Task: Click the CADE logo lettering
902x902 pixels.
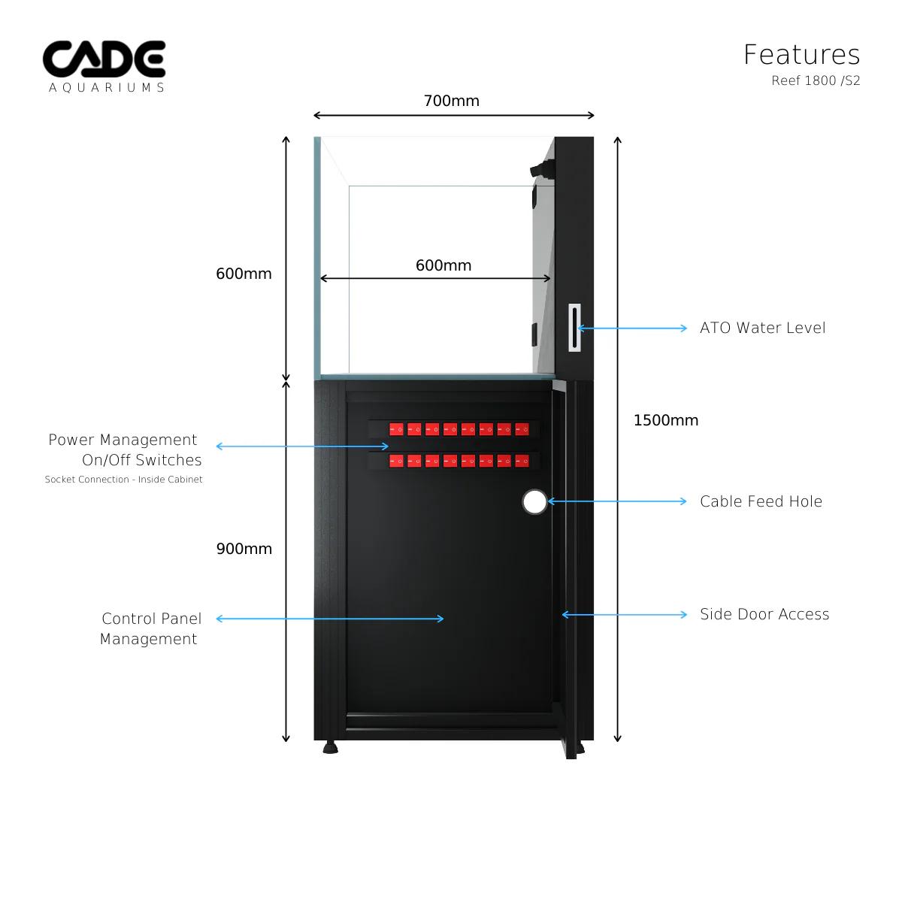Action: (x=104, y=59)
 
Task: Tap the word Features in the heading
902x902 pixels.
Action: (x=801, y=55)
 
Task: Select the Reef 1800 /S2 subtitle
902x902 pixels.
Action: (x=816, y=81)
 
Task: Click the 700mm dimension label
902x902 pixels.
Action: (x=451, y=101)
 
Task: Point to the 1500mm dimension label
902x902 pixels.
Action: (x=665, y=420)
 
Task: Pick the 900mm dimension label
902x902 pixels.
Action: (x=244, y=549)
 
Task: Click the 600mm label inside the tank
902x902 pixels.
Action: (x=443, y=265)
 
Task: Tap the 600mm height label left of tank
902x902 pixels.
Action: (x=244, y=274)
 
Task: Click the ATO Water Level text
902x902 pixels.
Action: (x=762, y=328)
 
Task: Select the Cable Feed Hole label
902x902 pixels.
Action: (x=761, y=501)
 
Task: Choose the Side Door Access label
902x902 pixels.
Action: (x=764, y=614)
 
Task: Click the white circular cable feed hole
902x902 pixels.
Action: (x=534, y=502)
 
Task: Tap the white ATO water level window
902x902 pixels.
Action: (x=575, y=328)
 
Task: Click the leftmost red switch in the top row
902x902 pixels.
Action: (x=395, y=429)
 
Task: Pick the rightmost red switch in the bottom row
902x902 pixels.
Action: (x=522, y=461)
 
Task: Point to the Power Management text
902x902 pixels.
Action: (x=123, y=440)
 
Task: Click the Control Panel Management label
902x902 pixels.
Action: (x=150, y=628)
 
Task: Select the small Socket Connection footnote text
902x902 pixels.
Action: (x=123, y=480)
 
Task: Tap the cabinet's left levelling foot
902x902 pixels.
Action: (x=330, y=749)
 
